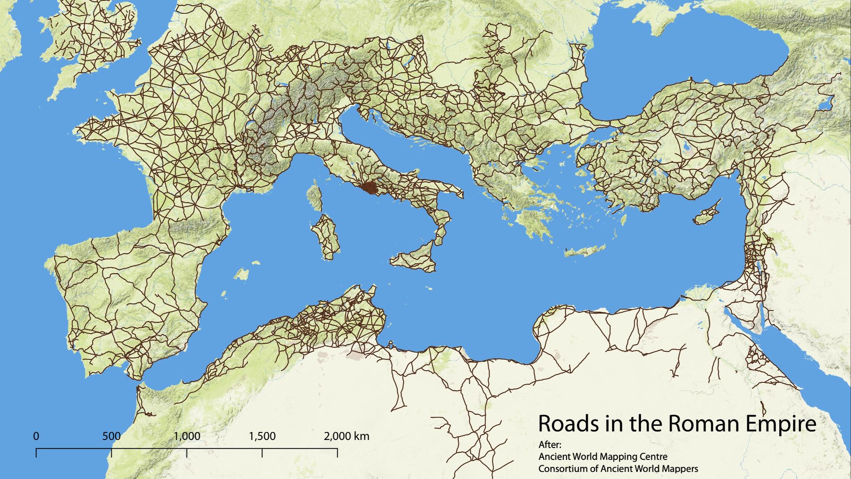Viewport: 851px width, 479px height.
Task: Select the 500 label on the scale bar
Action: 111,436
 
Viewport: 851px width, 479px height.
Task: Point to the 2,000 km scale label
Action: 347,436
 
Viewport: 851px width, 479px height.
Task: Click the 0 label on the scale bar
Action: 36,436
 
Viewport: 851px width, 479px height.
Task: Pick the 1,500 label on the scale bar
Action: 262,436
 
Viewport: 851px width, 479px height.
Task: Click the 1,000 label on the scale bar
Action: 187,436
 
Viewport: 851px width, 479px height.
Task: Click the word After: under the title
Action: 550,445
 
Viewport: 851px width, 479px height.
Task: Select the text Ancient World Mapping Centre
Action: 603,456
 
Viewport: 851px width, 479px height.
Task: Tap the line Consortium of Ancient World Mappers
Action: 618,468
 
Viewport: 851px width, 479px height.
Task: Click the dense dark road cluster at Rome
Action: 369,188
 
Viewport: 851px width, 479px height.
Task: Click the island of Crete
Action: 585,251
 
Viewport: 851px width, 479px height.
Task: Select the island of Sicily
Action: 414,259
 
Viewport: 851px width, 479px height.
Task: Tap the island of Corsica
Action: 315,197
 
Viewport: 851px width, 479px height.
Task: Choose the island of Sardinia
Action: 326,237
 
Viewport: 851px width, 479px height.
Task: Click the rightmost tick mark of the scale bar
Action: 338,452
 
